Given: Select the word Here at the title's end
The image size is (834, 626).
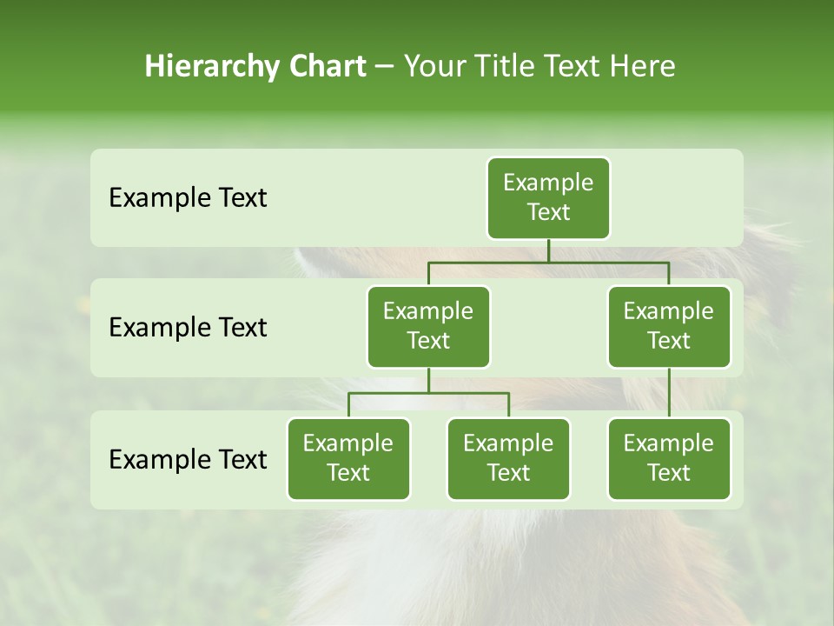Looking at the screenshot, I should pos(642,67).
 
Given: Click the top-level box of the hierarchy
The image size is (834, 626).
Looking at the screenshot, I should pos(548,197).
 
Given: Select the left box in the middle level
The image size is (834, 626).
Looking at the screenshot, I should pos(428,326).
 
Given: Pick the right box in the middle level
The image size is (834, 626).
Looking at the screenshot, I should pos(669,326).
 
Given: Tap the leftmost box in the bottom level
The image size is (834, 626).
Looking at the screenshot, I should pos(348,458).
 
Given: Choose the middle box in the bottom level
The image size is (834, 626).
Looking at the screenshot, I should pos(508,458).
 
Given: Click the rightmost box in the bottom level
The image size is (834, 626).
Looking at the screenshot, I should pos(669,458).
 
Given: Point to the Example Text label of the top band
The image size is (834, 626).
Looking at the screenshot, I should pos(188,198).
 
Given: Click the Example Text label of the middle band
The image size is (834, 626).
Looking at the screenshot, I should pos(188,328).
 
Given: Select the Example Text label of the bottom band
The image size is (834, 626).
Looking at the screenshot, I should pos(188,459).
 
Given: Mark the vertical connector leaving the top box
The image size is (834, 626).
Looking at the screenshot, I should pos(548,250).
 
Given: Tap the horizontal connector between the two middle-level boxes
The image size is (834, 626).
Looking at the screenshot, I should pos(548,262).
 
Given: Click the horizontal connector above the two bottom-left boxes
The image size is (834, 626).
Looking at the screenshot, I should pos(428,393).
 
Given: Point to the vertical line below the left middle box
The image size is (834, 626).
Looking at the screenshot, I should pos(428,380).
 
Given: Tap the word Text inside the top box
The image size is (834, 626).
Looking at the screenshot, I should pos(548,212).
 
